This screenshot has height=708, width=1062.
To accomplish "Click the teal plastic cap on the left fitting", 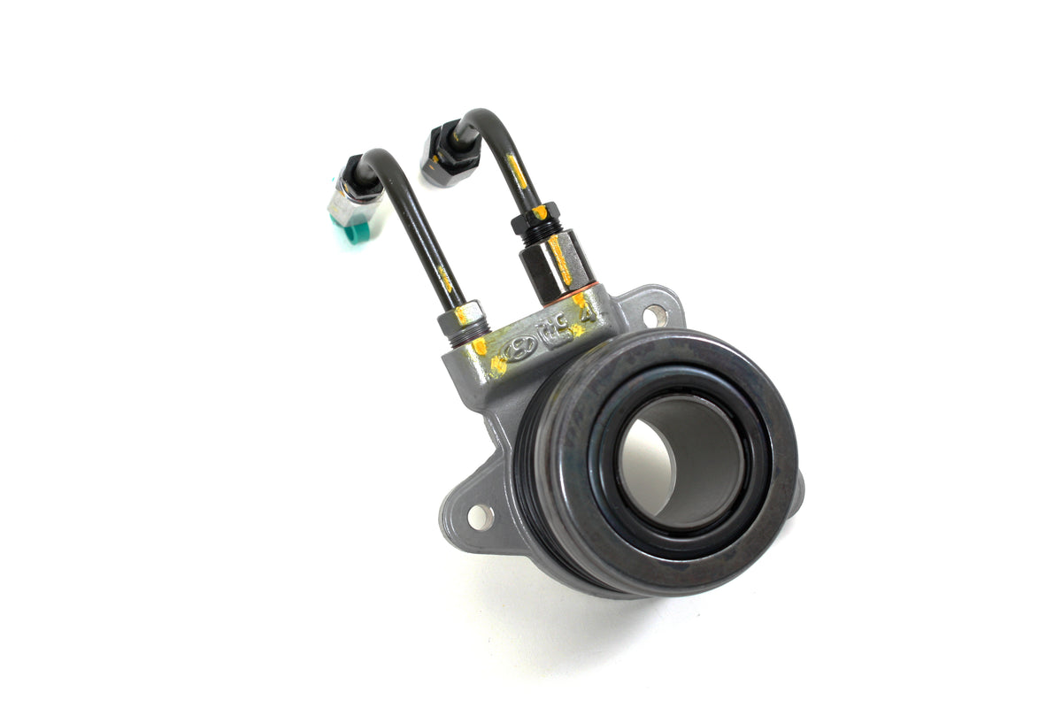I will point(358,231).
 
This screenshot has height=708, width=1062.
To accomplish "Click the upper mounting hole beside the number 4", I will point(655,315).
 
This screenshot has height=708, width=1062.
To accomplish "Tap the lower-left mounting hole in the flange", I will point(480,517).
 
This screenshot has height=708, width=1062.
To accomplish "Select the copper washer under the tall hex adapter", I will point(575,289).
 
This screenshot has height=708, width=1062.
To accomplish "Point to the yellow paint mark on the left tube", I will point(447,281).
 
